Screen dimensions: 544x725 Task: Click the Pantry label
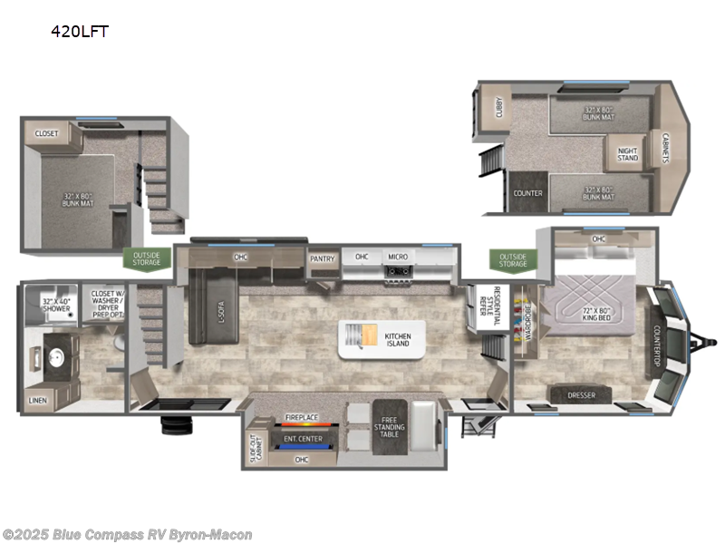point(322,258)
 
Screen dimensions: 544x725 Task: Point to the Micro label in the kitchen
point(399,257)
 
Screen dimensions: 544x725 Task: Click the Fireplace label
point(302,417)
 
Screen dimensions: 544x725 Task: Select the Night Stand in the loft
point(628,155)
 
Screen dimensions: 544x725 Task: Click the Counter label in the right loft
point(527,193)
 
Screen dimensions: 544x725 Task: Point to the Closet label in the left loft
point(45,133)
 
